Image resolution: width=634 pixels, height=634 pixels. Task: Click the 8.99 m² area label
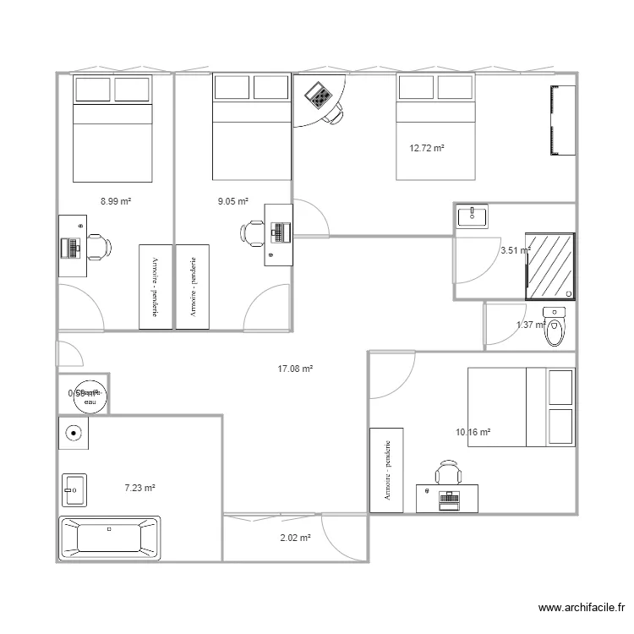pos(115,201)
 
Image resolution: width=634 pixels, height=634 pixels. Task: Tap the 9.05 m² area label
pos(232,201)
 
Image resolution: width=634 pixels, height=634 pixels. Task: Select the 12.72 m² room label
pos(427,148)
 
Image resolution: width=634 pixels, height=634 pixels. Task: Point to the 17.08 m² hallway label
pos(295,369)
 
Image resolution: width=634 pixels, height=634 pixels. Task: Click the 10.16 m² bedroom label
pos(473,432)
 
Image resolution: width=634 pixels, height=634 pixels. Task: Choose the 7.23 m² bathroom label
pos(139,487)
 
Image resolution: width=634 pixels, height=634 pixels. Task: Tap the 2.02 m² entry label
pos(295,537)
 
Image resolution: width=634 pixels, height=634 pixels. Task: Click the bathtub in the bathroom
pos(109,538)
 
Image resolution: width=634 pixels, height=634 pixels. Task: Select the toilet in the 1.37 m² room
pos(555,329)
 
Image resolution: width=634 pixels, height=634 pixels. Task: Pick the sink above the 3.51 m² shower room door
pos(472,216)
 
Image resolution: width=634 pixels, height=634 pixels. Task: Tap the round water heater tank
pos(90,395)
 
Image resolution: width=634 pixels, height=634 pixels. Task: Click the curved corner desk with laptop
pos(320,100)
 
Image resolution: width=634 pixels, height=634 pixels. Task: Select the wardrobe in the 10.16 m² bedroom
pos(386,470)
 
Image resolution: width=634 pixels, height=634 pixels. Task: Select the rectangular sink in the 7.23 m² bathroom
pos(74,488)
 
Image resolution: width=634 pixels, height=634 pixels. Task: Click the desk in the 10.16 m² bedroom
pos(447,498)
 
